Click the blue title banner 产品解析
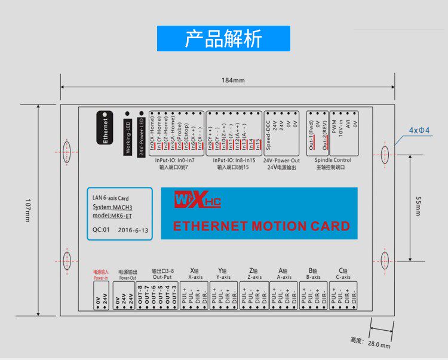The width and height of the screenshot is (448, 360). click(223, 38)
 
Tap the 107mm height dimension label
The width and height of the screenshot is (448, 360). click(27, 211)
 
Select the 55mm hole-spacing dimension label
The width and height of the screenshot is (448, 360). click(418, 207)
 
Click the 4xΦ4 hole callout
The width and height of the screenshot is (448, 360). click(419, 130)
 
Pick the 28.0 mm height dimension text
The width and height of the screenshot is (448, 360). click(379, 344)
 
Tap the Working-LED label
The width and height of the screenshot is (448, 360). click(127, 136)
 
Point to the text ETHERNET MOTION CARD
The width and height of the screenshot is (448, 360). click(261, 226)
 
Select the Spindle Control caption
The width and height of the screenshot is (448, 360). click(333, 160)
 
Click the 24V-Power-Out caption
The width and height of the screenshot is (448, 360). click(281, 160)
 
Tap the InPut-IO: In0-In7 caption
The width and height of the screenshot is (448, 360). click(174, 160)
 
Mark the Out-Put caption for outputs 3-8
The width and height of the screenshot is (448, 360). click(162, 277)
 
